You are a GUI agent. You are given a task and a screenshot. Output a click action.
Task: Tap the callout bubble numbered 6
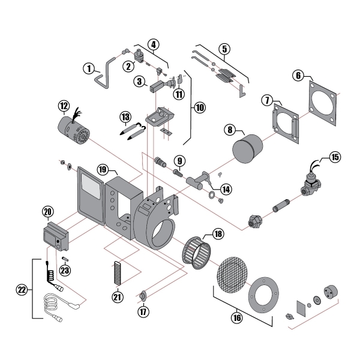click(x=298, y=76)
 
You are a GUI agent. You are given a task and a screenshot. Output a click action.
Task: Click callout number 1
click(x=88, y=69)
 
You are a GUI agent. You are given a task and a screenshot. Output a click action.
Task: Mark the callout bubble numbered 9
click(x=178, y=160)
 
